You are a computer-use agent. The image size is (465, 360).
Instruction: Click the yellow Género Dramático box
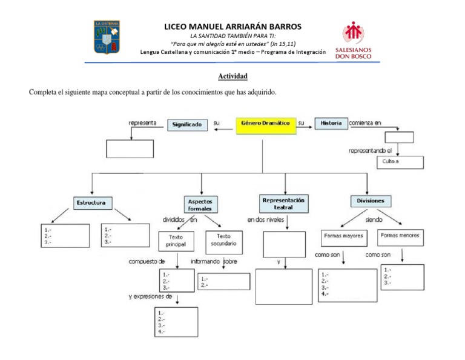[265, 124]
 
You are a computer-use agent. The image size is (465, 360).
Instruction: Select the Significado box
[187, 124]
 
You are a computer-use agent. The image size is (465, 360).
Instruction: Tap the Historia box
[331, 124]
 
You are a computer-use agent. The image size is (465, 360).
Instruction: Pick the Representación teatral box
[283, 203]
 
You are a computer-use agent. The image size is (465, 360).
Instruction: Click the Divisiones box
[371, 201]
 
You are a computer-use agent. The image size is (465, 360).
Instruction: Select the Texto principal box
[176, 242]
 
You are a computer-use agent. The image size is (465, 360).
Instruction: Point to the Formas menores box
[400, 236]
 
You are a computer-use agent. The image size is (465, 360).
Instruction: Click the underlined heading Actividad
[232, 76]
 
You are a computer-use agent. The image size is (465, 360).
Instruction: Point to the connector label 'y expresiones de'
[150, 296]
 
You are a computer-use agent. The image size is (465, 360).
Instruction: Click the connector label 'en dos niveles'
[265, 220]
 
